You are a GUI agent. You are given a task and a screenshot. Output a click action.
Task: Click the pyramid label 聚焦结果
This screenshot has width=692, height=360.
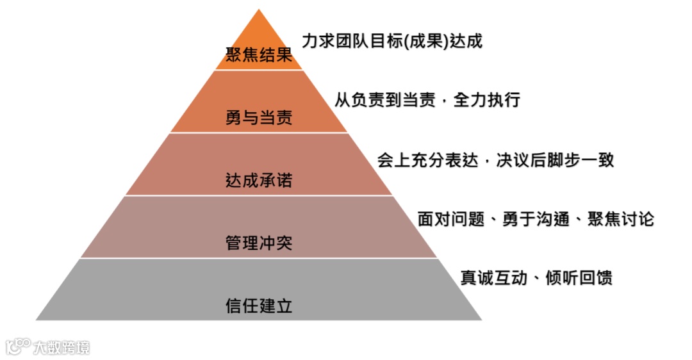259,55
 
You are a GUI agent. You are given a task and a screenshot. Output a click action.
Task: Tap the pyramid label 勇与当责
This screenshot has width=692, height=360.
259,118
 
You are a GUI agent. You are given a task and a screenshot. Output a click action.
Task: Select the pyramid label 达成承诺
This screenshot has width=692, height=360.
259,181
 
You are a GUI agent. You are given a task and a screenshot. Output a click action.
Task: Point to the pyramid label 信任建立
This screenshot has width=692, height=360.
259,306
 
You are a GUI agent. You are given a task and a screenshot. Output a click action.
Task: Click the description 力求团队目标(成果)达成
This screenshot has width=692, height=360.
391,42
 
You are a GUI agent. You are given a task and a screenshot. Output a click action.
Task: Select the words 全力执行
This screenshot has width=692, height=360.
486,101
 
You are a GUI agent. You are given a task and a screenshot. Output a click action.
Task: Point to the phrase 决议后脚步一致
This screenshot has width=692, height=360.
555,160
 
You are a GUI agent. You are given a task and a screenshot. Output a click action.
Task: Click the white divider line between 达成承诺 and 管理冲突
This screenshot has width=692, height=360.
259,195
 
